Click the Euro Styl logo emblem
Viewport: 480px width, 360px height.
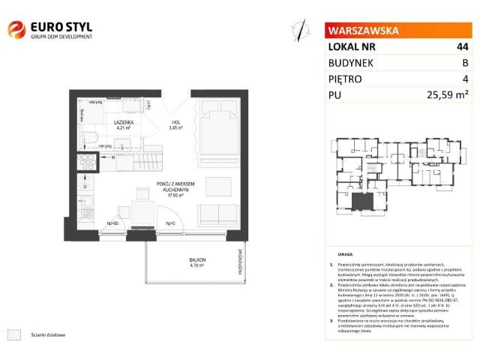click(x=17, y=30)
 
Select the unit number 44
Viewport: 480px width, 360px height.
click(x=462, y=46)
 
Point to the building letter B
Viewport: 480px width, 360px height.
click(x=465, y=63)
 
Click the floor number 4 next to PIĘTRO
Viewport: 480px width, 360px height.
click(x=465, y=79)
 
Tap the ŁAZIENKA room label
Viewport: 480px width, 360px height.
click(x=124, y=122)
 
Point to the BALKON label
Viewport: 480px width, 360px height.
click(x=197, y=259)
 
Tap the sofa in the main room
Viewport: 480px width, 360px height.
click(x=217, y=215)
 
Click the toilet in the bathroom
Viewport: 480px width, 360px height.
click(x=88, y=137)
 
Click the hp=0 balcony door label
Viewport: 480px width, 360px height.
click(x=169, y=224)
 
